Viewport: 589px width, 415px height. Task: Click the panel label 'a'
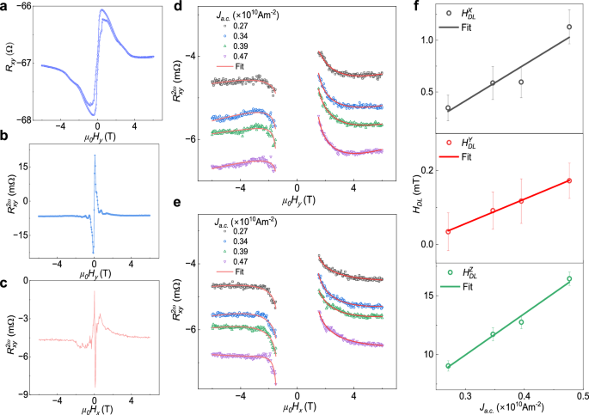click(6, 7)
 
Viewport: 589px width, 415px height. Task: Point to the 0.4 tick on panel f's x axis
click(522, 397)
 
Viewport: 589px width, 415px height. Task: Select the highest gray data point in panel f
click(569, 27)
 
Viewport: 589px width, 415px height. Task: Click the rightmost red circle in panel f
click(569, 180)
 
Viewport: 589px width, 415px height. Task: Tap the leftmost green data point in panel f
click(448, 366)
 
